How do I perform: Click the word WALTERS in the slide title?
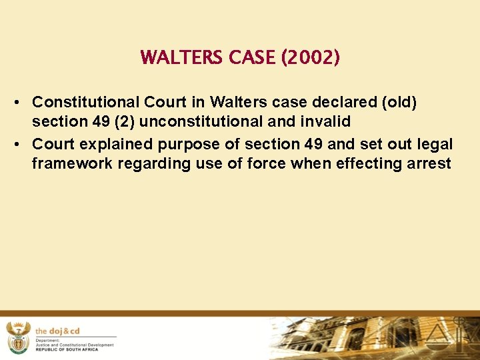pos(182,58)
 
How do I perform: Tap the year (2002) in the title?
pos(311,58)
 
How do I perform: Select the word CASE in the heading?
pos(253,58)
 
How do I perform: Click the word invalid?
pos(325,123)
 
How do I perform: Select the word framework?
pos(71,164)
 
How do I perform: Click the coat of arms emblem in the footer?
pos(17,337)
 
